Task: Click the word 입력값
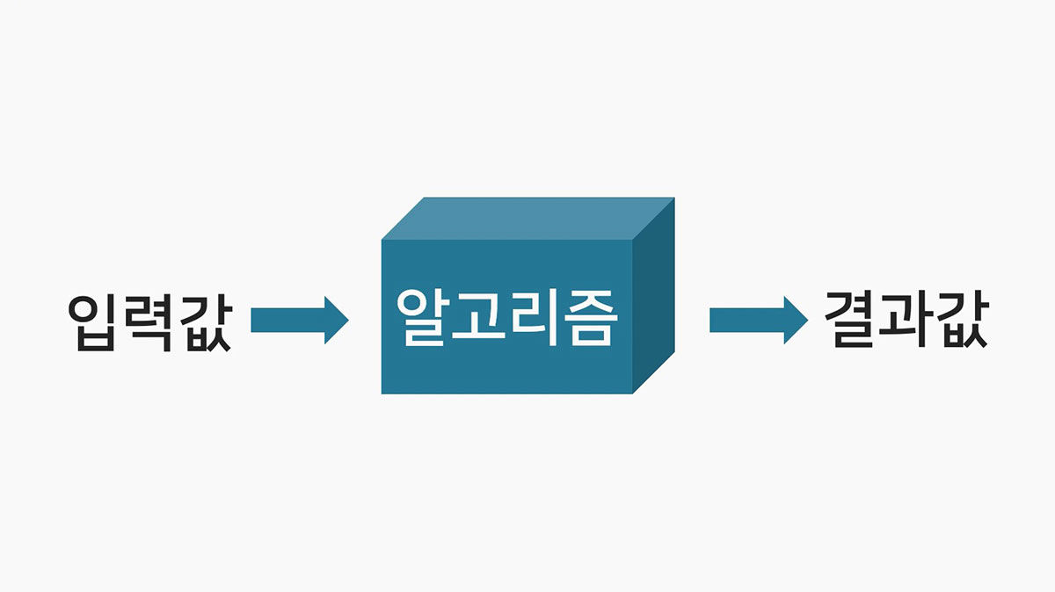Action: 149,321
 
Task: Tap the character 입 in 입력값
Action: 94,321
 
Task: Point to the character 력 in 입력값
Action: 149,321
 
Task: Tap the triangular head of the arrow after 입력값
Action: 334,320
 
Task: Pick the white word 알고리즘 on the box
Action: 506,317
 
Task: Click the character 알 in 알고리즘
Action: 424,317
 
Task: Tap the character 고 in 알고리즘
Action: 478,317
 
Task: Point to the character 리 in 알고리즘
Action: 533,317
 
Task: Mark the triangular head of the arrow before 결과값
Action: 793,320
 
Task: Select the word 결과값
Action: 906,320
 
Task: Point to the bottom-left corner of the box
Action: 382,393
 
